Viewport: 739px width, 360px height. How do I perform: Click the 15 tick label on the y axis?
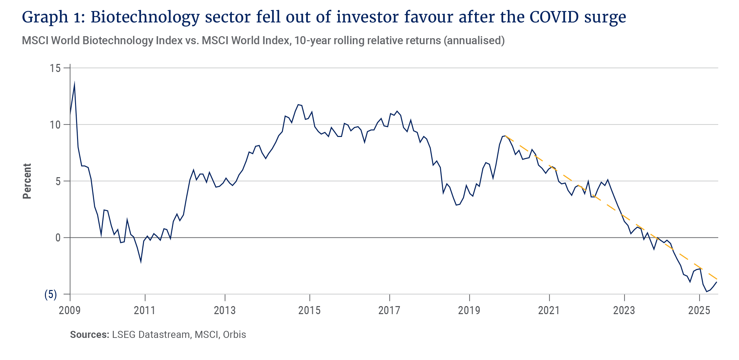[56, 68]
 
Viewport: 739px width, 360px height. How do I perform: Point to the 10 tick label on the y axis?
[56, 125]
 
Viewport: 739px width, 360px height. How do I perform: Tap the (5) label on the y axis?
[51, 294]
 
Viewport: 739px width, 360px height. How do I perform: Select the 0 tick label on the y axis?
[58, 238]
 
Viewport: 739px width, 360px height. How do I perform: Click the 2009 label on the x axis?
[70, 310]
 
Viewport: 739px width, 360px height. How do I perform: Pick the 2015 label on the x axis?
[309, 310]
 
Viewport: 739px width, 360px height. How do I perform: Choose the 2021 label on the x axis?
[549, 310]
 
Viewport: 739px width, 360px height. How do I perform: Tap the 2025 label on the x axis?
[699, 310]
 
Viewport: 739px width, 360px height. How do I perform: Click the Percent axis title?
[27, 181]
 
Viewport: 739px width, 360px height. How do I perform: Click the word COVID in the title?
[554, 17]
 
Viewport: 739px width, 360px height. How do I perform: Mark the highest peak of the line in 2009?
[74, 82]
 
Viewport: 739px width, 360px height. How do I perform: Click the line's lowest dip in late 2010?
[141, 262]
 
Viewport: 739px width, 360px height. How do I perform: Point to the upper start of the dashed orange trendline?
[506, 136]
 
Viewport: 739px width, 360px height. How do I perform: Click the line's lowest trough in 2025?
[707, 292]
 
